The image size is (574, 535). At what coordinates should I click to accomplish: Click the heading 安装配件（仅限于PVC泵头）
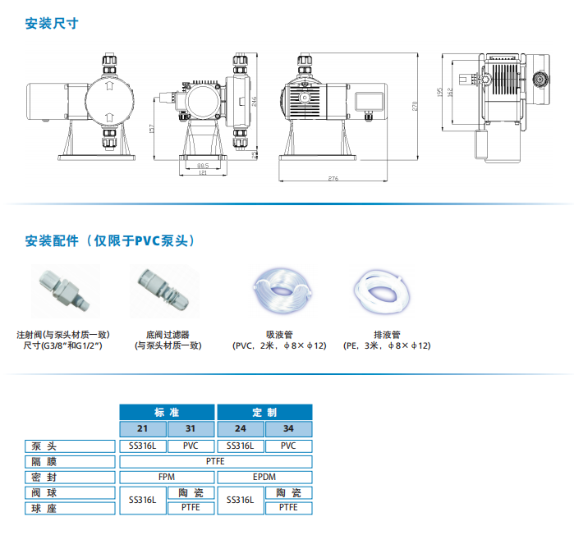(x=109, y=240)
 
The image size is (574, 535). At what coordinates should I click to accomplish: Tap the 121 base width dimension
(x=202, y=171)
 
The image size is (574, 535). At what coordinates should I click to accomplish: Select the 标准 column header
(x=167, y=411)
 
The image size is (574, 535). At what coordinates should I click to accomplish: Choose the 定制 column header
(x=264, y=411)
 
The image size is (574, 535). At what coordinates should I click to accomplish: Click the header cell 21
(x=143, y=429)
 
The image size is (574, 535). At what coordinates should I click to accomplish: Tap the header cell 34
(x=287, y=429)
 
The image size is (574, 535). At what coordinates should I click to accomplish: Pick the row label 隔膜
(x=44, y=462)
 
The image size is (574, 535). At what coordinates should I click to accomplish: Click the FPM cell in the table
(x=167, y=477)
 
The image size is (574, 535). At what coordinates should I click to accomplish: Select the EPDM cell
(x=264, y=477)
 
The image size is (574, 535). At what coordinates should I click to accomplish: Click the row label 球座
(x=44, y=508)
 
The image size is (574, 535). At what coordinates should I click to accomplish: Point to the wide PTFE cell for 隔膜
(x=215, y=462)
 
